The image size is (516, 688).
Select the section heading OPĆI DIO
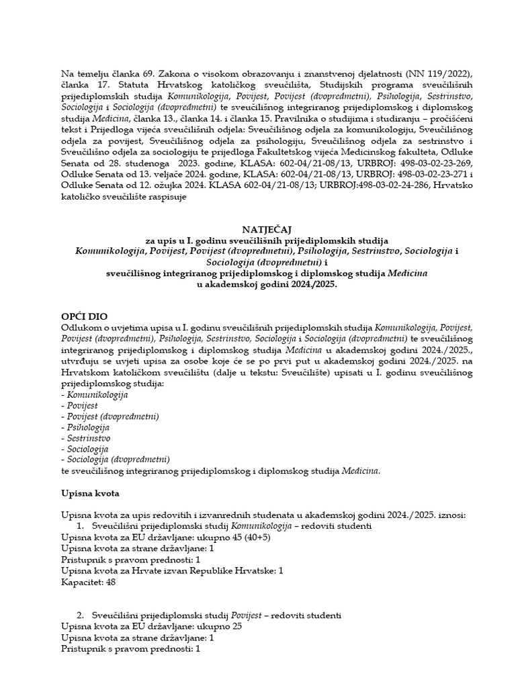pyautogui.click(x=84, y=316)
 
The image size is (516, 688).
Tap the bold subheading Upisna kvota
pyautogui.click(x=90, y=494)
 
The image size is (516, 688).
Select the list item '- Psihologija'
pyautogui.click(x=85, y=427)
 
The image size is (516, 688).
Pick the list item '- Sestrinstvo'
pyautogui.click(x=85, y=438)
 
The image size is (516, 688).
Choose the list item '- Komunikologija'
pyautogui.click(x=94, y=395)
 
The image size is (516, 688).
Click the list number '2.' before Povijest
pyautogui.click(x=81, y=615)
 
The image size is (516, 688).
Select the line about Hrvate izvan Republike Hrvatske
pyautogui.click(x=172, y=570)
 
